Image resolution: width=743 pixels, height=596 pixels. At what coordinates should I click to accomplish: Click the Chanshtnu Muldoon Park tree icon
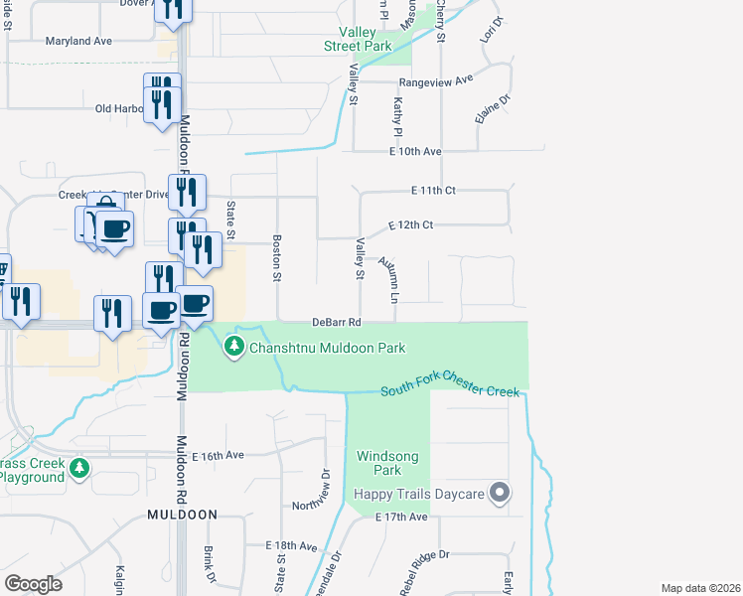(234, 347)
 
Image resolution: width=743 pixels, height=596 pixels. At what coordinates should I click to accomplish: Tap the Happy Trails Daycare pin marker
(501, 493)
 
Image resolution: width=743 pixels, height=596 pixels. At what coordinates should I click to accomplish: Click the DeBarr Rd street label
(336, 322)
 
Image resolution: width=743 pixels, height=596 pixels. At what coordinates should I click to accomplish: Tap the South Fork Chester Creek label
(451, 391)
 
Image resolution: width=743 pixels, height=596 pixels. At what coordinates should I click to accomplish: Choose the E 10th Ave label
(414, 151)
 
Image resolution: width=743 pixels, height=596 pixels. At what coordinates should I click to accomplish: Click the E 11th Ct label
(433, 189)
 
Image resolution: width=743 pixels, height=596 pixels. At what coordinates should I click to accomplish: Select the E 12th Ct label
(411, 225)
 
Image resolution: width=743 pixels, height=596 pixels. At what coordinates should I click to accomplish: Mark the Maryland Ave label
(78, 42)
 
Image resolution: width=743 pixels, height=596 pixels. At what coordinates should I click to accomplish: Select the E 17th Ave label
(401, 518)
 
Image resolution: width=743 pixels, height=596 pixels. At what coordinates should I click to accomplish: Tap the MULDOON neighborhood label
(182, 515)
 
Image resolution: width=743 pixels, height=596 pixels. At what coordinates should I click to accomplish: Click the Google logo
(33, 584)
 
